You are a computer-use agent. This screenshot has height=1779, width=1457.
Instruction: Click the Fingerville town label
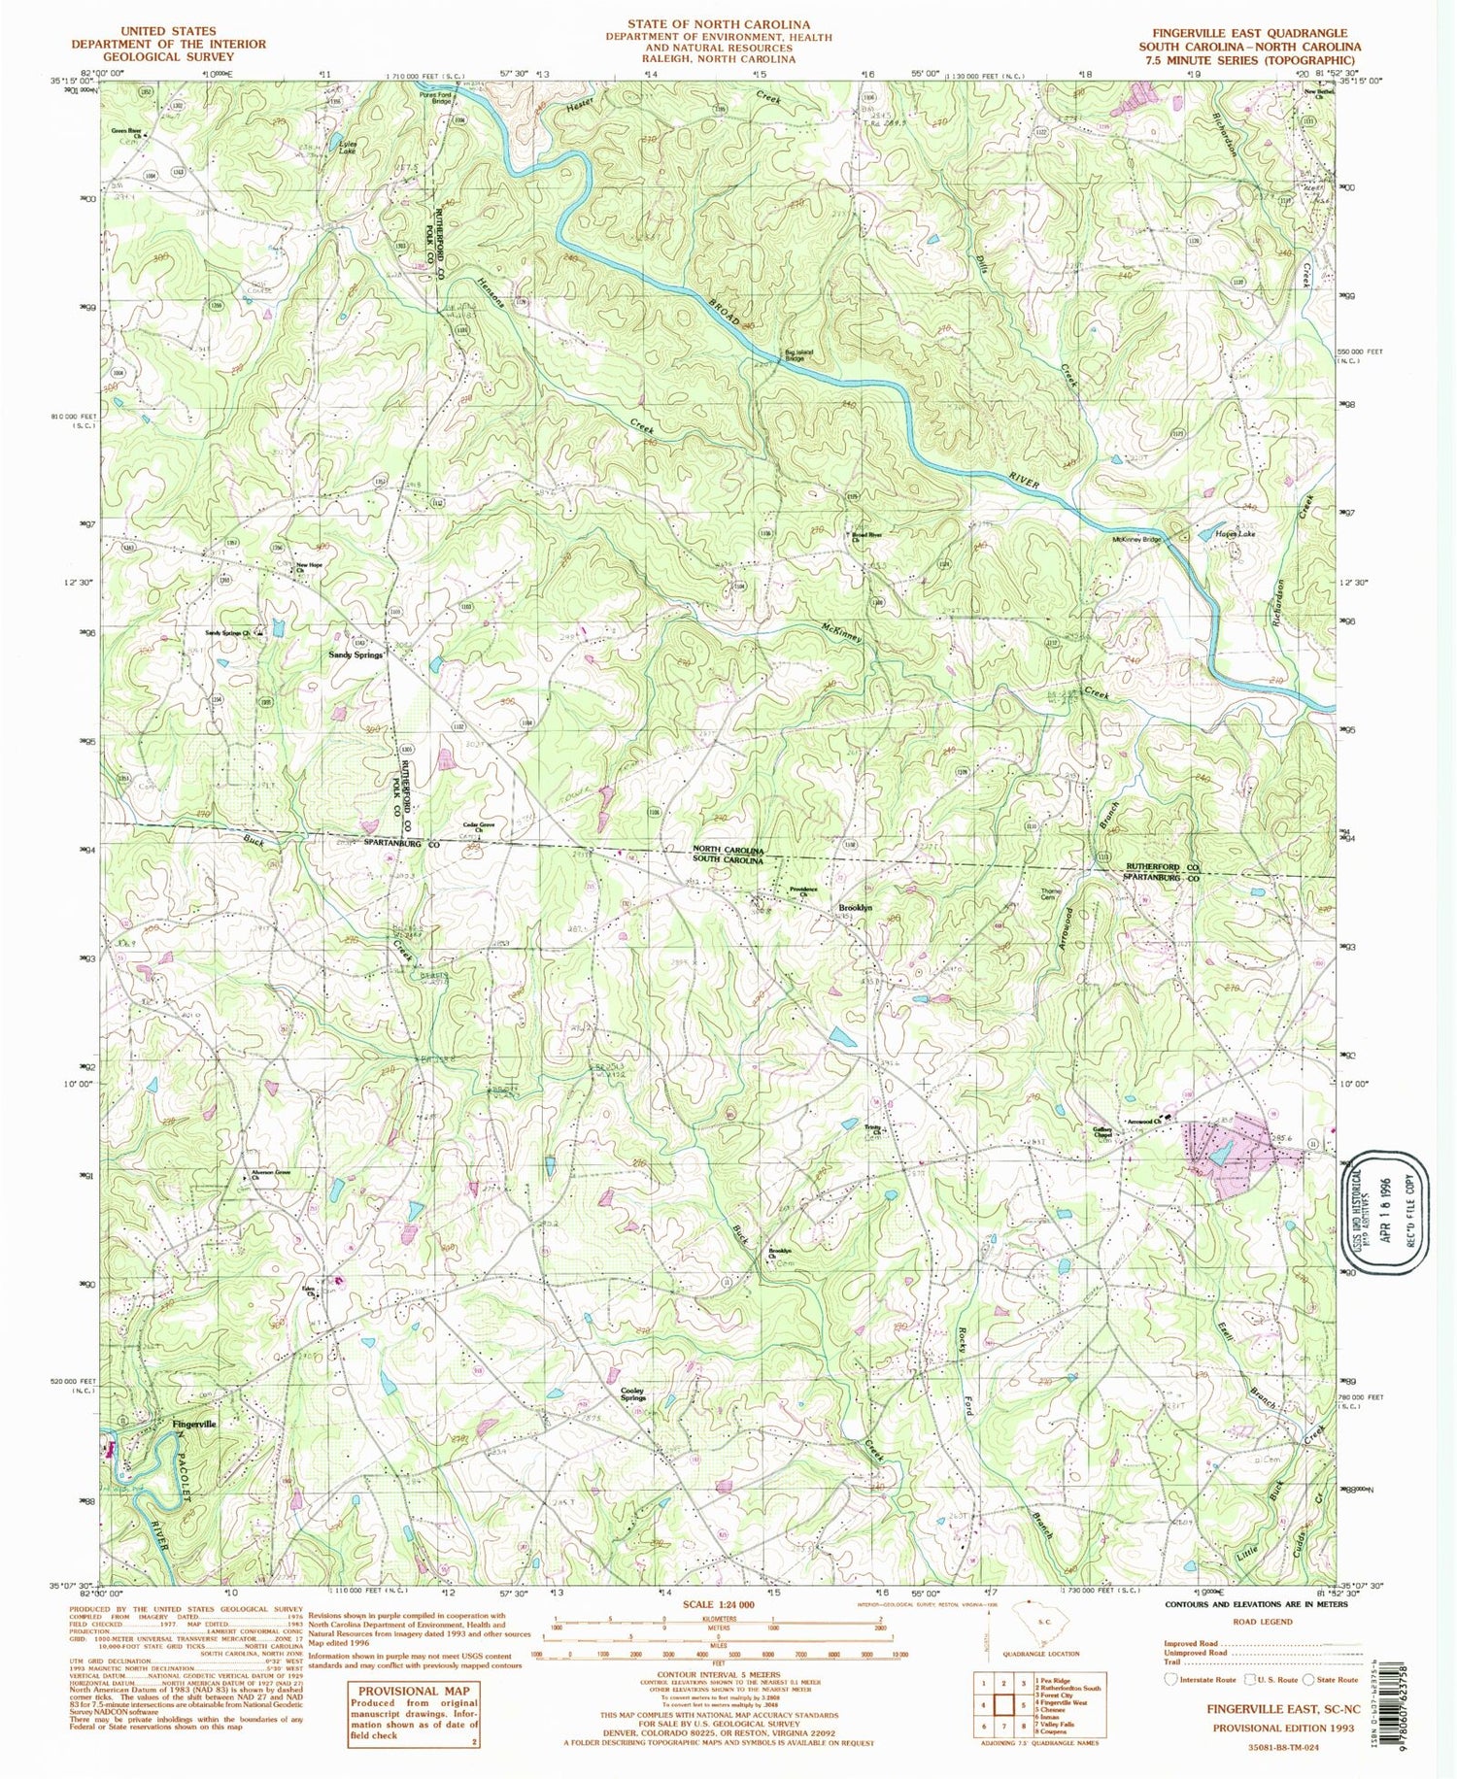(x=194, y=1424)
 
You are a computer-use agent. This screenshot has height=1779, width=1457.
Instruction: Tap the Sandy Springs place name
(x=354, y=655)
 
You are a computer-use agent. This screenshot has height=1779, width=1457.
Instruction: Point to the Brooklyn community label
(x=855, y=907)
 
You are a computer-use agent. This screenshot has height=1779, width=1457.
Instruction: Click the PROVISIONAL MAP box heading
(x=413, y=1691)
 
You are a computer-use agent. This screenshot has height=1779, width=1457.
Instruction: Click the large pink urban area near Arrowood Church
(x=1234, y=1148)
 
